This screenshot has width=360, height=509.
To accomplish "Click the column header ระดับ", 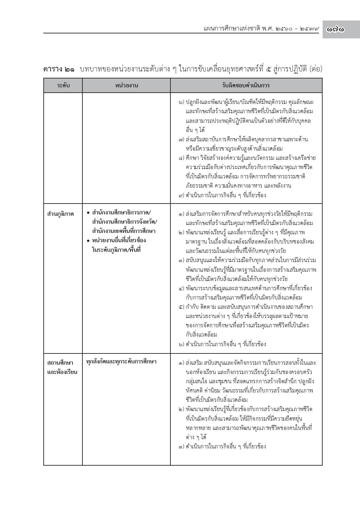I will click(63, 85).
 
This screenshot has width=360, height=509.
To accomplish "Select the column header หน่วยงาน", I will click(126, 85).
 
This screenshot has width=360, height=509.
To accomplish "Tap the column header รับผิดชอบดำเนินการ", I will click(246, 85).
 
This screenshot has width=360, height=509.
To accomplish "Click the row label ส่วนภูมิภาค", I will click(61, 214).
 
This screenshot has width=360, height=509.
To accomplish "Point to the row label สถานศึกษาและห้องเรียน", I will click(62, 367).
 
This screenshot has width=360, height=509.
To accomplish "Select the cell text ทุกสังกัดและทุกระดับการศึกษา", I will click(121, 361).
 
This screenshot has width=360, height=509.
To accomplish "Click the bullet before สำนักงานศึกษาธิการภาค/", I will click(88, 212).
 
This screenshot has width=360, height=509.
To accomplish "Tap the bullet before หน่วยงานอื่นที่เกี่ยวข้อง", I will click(88, 240).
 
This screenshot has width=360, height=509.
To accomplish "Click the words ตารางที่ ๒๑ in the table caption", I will click(59, 69).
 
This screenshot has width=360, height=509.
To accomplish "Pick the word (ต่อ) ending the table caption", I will click(316, 69).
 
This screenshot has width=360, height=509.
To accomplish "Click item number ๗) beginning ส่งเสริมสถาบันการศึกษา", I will click(181, 140).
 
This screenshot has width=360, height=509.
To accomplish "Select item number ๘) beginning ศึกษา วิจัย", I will click(181, 158).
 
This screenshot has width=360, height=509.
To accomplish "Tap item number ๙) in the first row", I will click(181, 195).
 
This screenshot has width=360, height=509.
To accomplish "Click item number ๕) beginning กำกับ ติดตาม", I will click(181, 307).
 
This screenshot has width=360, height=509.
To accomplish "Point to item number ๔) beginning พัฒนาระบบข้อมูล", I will click(181, 288).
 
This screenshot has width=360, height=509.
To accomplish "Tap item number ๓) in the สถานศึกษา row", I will click(181, 446).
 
